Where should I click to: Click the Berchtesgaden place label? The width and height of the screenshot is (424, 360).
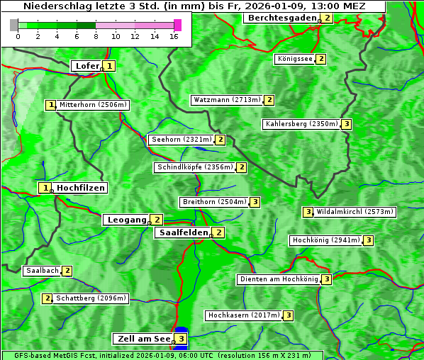coord(281,18)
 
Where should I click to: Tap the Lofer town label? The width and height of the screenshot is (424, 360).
coord(87,66)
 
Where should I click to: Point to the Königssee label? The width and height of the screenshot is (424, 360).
coord(295,59)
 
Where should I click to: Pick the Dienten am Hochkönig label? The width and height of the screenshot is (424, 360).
coord(278,279)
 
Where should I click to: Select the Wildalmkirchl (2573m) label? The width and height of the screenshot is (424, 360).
coord(355,211)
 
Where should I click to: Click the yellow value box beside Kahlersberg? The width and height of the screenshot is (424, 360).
coord(346,124)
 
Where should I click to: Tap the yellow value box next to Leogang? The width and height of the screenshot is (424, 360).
coord(157,220)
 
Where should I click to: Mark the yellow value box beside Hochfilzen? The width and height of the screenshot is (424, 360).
coord(45,188)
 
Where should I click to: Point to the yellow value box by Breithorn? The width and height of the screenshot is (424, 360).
coord(255,202)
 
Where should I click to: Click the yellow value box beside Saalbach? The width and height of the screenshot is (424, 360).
coord(67,271)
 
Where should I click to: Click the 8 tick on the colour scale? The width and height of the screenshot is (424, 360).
coord(96,35)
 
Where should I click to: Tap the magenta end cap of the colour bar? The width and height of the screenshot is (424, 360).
coord(177,25)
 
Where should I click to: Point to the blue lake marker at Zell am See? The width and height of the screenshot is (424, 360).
coord(182,332)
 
